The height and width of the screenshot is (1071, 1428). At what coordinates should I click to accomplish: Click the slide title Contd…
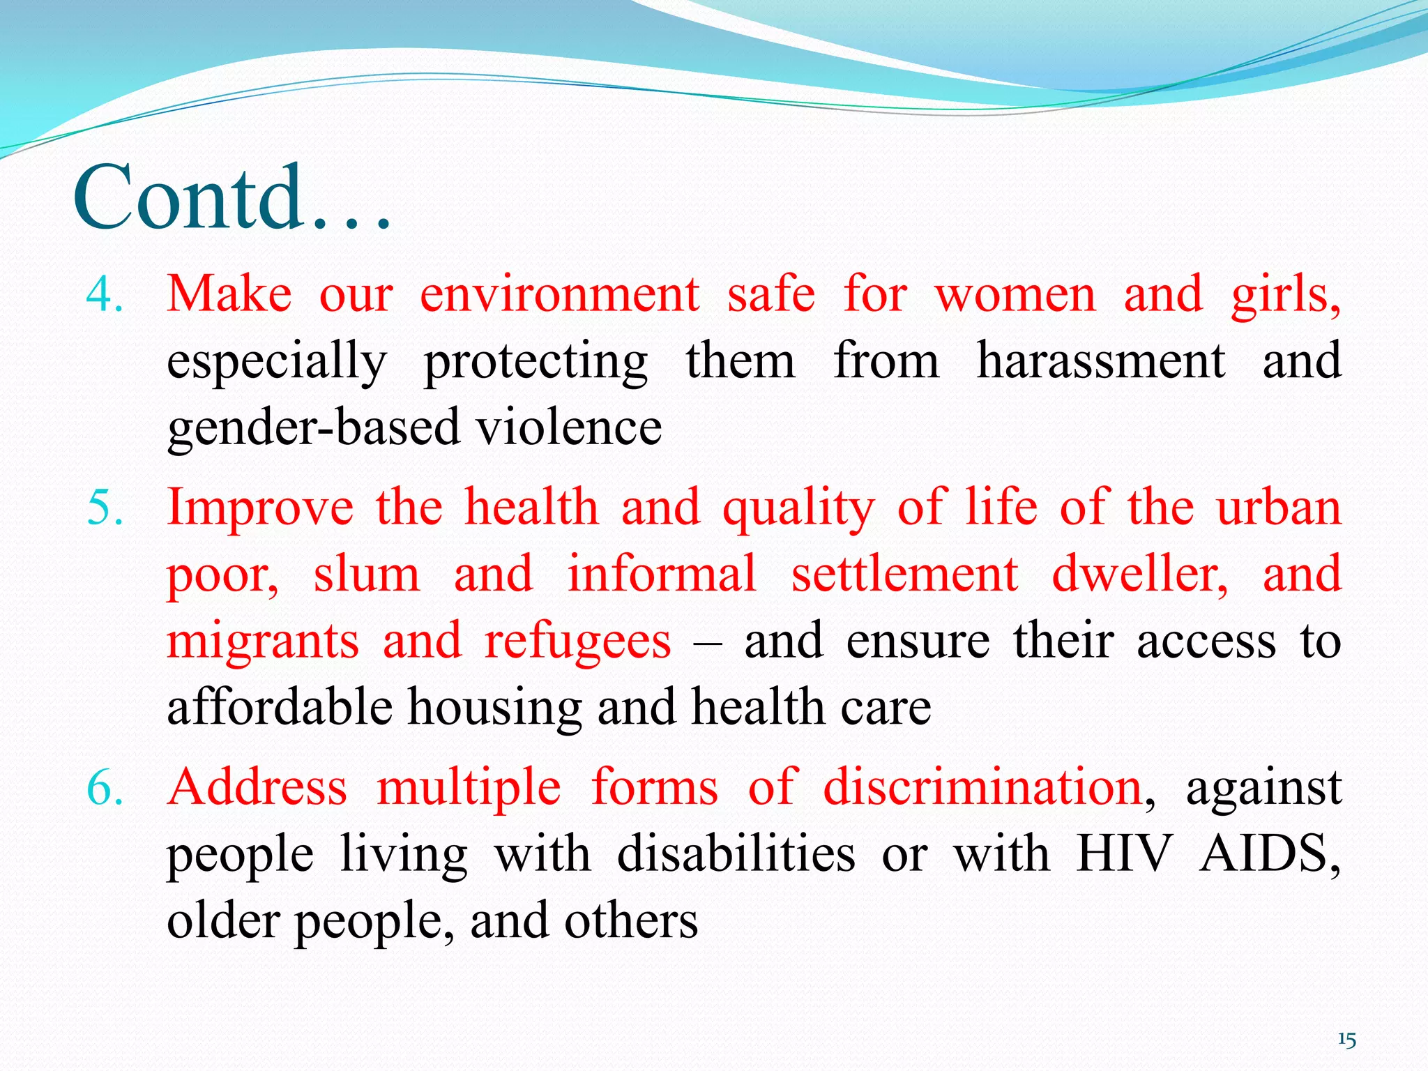(x=232, y=198)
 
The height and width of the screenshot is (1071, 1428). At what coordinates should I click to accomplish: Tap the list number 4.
(x=105, y=295)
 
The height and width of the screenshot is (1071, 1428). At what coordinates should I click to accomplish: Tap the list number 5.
(x=105, y=508)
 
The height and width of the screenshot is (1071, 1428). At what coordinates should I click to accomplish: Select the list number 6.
(x=105, y=789)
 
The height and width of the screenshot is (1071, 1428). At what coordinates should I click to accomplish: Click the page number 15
(x=1346, y=1040)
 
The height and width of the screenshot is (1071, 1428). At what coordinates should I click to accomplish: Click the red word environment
(x=559, y=295)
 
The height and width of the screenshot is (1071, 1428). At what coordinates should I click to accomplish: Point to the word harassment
(x=1100, y=361)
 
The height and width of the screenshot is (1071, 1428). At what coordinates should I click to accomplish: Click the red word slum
(x=367, y=575)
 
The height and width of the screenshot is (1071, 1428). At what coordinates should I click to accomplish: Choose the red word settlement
(x=904, y=575)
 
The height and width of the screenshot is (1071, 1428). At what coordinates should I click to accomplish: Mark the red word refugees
(x=577, y=641)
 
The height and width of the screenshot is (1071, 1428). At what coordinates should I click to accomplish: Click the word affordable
(x=280, y=707)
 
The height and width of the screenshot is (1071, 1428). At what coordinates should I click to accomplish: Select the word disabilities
(x=736, y=855)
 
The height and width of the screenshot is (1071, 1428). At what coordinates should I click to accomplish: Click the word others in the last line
(x=630, y=921)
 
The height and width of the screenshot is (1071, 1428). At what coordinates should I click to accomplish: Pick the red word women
(x=1015, y=295)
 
